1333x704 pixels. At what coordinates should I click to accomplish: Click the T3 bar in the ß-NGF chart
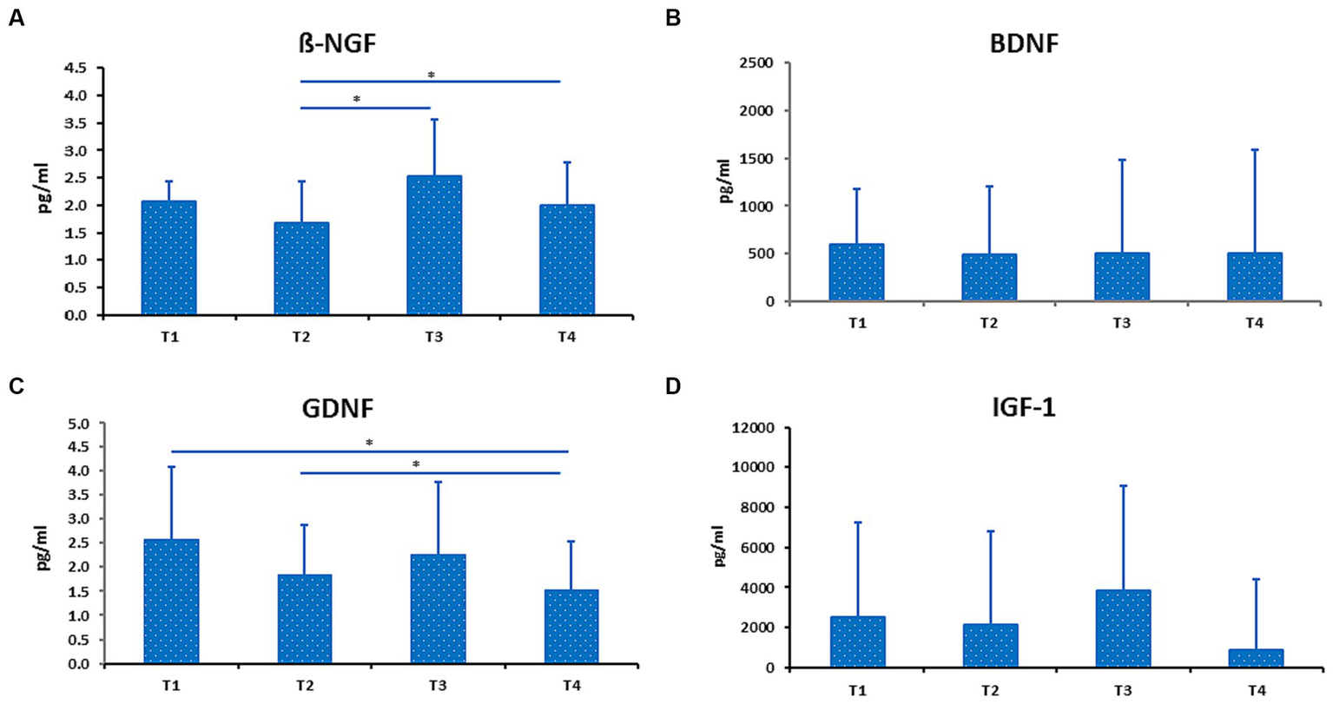(434, 245)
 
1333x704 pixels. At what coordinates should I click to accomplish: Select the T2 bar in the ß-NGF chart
(301, 268)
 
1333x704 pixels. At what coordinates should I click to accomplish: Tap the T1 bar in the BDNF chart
(856, 273)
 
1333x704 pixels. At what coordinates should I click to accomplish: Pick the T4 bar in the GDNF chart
(571, 627)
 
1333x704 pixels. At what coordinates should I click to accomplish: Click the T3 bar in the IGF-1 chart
(1123, 628)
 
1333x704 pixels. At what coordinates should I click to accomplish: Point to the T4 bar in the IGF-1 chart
(1256, 658)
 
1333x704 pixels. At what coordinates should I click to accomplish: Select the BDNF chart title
(1025, 43)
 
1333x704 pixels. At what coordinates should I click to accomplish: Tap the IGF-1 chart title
(1023, 407)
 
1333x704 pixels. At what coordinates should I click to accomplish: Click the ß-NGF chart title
(337, 43)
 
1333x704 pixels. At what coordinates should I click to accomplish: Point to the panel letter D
(673, 385)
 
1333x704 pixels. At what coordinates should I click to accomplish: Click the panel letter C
(16, 386)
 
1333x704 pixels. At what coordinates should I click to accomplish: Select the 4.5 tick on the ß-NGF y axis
(80, 68)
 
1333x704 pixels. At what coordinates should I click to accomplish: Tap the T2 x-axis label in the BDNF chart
(988, 323)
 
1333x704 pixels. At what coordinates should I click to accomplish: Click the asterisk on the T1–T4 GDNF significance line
(369, 444)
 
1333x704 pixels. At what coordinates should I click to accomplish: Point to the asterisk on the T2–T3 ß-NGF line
(356, 100)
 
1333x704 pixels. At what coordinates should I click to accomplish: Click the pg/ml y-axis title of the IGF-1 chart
(719, 546)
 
